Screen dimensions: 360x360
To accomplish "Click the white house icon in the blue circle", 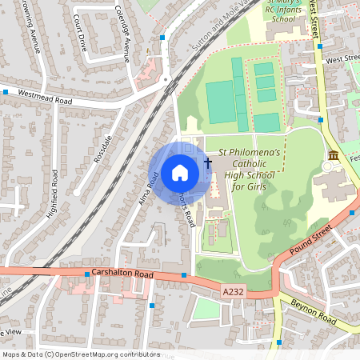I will coord(179,173).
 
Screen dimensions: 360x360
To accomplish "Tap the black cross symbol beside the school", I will coord(208,163).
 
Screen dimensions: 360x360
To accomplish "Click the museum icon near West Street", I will coord(333,154).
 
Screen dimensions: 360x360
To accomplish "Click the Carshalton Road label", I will coord(122,274).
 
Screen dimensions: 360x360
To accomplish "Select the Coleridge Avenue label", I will coord(122,40).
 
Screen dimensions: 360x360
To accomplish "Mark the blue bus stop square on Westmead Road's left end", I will coord(6,92).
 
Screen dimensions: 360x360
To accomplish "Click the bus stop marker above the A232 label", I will coord(184,275).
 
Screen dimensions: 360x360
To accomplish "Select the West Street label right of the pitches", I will coord(342,58).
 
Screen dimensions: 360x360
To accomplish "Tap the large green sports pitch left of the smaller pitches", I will coord(221,101).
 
